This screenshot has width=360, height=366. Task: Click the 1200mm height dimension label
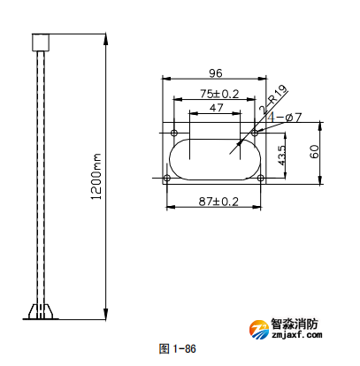(96, 176)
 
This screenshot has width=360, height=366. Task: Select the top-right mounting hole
(255, 133)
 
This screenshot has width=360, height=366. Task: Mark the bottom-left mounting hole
(167, 179)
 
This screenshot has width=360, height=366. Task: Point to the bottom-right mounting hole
(261, 179)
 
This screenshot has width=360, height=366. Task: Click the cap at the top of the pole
(39, 42)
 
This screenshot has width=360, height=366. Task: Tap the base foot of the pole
(40, 312)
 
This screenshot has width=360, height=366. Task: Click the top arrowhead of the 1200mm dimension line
(106, 38)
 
